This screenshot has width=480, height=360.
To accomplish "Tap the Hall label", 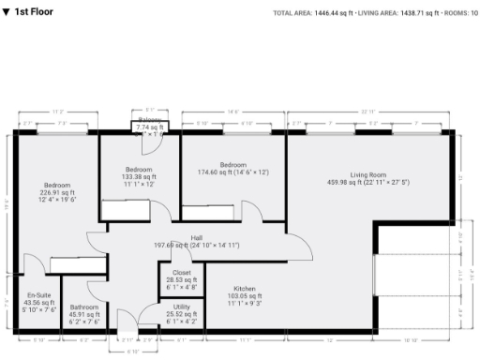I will click(197, 238).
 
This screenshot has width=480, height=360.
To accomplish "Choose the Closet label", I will click(182, 272).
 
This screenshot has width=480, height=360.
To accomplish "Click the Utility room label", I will click(182, 307).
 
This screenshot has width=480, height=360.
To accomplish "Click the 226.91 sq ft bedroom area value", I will click(55, 192).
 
